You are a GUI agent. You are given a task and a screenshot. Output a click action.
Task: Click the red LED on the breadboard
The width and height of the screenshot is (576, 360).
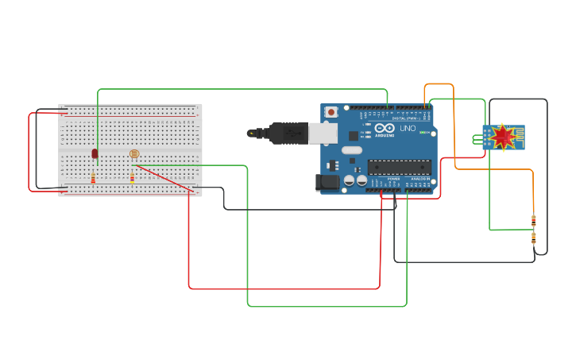coord(95,153)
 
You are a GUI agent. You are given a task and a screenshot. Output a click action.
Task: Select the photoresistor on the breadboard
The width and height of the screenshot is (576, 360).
coord(133,154)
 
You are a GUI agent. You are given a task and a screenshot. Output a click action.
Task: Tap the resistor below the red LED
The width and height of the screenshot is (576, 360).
coord(93,178)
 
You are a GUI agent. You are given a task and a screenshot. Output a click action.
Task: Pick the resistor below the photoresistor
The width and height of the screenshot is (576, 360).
coord(132,178)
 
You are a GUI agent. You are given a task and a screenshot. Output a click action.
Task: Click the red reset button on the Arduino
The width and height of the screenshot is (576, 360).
coord(331,112)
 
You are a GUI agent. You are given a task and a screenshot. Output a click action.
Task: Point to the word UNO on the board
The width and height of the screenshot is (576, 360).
coord(407,128)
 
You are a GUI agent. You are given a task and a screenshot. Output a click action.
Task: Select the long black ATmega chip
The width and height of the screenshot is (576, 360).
coord(399,167)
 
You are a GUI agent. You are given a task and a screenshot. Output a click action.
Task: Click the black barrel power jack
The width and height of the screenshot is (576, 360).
coord(327,182)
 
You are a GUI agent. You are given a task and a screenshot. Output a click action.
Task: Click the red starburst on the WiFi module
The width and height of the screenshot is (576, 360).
coord(503,137)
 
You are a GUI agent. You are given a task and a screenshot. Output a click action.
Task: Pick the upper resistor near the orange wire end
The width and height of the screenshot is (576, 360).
coord(533,220)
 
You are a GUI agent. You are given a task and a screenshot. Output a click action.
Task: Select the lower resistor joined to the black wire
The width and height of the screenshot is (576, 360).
coord(533,237)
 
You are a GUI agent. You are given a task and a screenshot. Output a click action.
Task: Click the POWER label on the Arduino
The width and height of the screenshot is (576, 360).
coord(393,180)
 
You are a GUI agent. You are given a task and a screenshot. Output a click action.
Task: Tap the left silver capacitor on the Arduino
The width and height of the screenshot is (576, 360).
coord(350,181)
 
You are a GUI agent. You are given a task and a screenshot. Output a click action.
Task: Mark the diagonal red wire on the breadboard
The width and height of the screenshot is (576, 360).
coord(164,178)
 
